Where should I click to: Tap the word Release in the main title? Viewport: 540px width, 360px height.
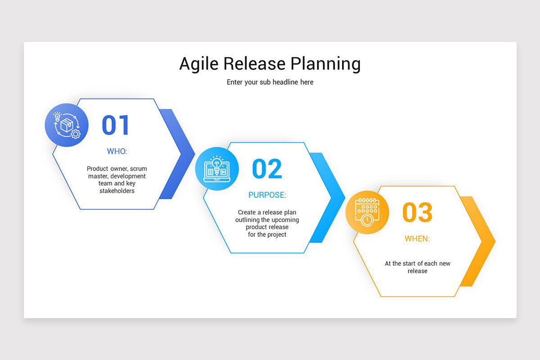point(255,64)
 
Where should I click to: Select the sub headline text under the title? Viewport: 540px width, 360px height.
point(270,82)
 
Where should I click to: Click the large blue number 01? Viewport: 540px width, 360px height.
point(116,125)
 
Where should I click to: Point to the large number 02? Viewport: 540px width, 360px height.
point(267,169)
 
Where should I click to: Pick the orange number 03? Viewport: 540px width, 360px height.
point(417,212)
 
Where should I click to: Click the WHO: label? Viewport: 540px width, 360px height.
point(117,151)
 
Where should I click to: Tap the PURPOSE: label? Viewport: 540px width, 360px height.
point(267,195)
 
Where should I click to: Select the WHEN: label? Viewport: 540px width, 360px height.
point(417,238)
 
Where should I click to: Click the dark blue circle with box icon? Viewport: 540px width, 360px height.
point(67,125)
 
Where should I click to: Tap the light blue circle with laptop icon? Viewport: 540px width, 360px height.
point(217,168)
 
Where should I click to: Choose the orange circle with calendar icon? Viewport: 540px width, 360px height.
point(367,212)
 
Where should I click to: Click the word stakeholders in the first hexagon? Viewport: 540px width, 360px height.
point(117,191)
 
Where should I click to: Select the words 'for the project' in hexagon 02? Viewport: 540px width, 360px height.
point(267,234)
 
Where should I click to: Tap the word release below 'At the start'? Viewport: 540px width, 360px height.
point(417,271)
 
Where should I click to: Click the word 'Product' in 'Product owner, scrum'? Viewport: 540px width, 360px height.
point(97,169)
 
